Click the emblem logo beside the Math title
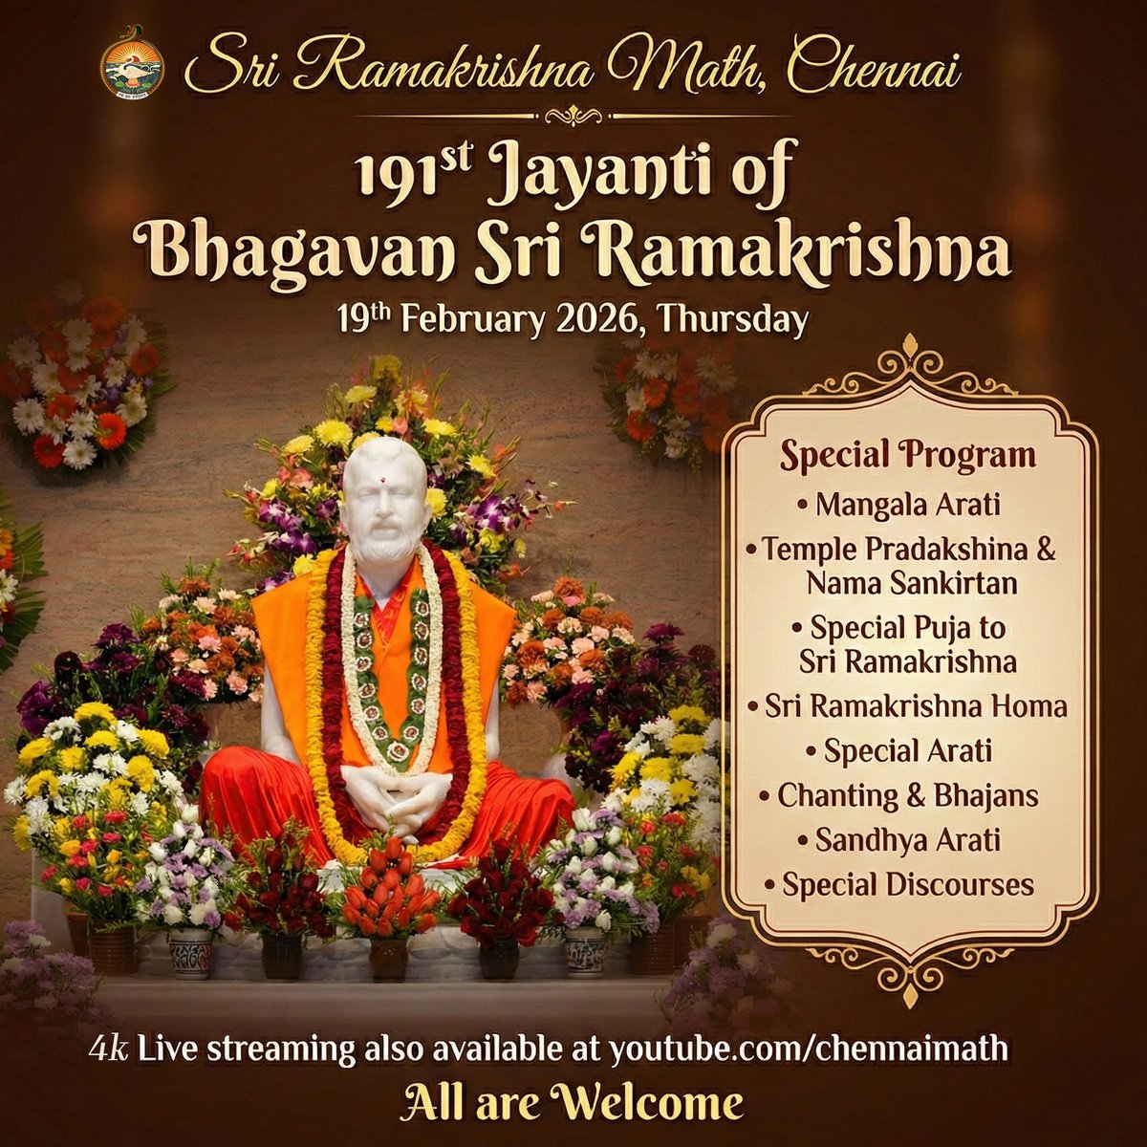click(132, 65)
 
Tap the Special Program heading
click(907, 455)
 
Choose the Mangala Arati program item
click(907, 504)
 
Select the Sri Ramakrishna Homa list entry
click(907, 706)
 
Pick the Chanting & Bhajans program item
click(907, 795)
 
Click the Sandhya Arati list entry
click(907, 840)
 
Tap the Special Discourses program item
click(907, 885)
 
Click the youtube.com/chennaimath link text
click(809, 1048)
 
